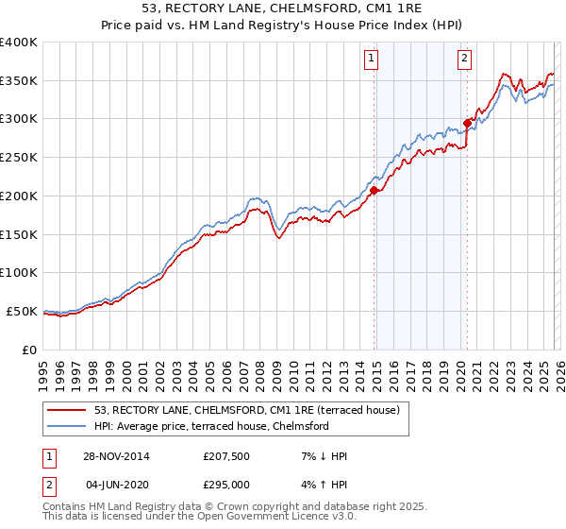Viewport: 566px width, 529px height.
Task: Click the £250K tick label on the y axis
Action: [x=19, y=157]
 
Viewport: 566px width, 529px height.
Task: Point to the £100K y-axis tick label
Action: [x=19, y=272]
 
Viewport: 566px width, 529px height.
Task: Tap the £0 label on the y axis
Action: [x=30, y=350]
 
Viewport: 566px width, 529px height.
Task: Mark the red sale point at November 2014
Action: [x=375, y=190]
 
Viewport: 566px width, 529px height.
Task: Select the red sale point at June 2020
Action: [x=467, y=122]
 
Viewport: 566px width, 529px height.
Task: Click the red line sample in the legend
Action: [x=68, y=410]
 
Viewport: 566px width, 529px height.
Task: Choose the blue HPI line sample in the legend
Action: [x=68, y=426]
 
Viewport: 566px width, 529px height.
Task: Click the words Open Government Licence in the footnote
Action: [x=260, y=518]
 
